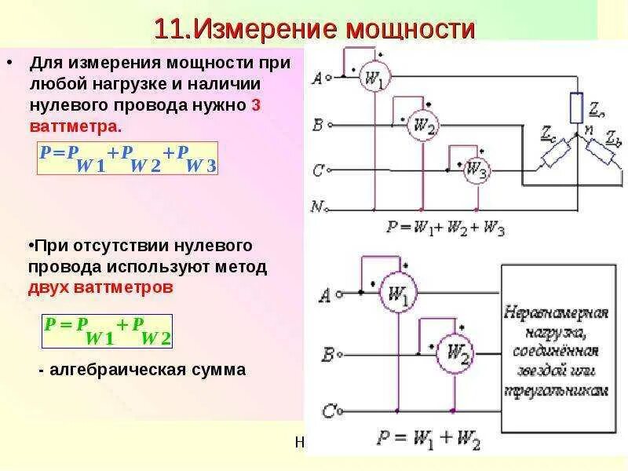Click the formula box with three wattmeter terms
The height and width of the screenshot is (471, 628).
point(129,159)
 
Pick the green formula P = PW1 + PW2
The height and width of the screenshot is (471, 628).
point(108,330)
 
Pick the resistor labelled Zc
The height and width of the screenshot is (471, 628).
point(552,155)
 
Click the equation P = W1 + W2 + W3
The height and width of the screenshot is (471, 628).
point(444,228)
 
